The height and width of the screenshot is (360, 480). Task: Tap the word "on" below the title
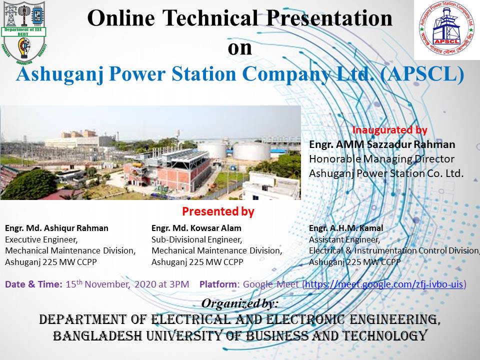coord(239,48)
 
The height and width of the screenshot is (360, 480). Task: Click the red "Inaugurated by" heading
coord(390,130)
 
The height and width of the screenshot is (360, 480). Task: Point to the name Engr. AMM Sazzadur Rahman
coord(382,144)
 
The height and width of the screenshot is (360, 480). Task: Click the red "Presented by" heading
coord(218,211)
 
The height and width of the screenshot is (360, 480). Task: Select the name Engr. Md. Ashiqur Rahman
coord(56,228)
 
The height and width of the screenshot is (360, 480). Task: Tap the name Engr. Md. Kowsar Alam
coord(196,228)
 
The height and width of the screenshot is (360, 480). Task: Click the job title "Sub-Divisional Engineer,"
coord(197,239)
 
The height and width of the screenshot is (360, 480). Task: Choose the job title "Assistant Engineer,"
coord(344,239)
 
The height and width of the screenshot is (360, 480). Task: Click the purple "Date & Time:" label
coord(33,284)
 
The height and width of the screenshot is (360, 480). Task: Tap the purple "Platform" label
coord(217,284)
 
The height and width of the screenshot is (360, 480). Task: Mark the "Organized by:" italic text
coord(239,303)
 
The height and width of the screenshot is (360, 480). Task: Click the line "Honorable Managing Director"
coord(382,159)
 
